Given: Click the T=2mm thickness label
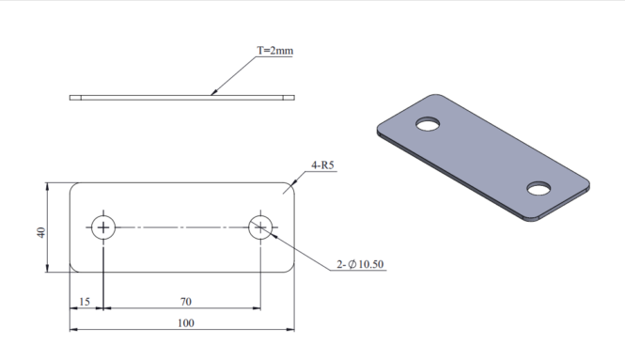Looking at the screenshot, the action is coord(275,51).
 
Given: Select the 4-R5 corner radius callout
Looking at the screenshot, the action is coord(322,165).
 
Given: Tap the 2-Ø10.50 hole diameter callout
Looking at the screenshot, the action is coord(360,264).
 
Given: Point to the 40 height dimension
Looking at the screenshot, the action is coord(41,232).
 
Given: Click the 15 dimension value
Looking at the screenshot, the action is coord(85,302).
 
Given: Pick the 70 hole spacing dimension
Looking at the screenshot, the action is coord(186,302).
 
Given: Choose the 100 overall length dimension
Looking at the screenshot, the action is coord(186,323).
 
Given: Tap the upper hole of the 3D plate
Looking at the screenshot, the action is coord(428,124).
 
